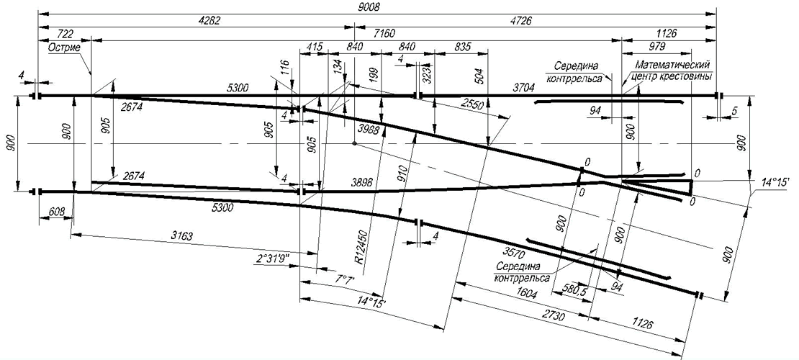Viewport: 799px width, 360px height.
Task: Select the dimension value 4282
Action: tap(207, 20)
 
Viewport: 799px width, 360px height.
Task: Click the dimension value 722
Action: tap(65, 34)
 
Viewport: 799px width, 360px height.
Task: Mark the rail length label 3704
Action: tap(524, 88)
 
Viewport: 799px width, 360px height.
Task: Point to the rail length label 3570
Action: tap(513, 251)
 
